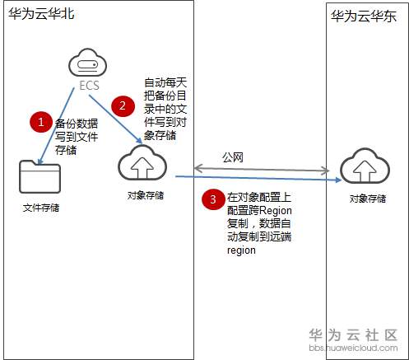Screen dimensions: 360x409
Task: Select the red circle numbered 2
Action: pos(123,105)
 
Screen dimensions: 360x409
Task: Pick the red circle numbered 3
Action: pos(213,199)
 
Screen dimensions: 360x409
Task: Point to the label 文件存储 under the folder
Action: pos(40,208)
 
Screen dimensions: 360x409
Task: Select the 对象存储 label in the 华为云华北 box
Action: pos(145,195)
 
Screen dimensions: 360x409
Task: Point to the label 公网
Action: pos(233,156)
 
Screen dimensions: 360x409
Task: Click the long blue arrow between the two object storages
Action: pos(255,178)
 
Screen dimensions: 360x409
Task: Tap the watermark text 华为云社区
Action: pos(353,334)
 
